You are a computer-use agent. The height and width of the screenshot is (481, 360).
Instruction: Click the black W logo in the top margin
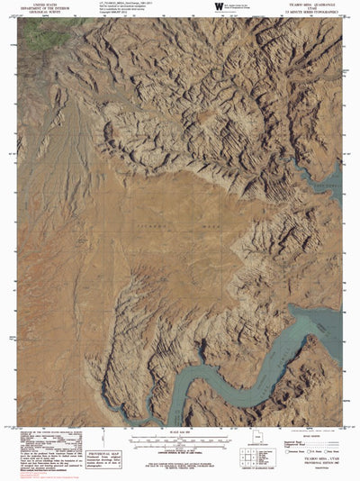pyautogui.click(x=219, y=7)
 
